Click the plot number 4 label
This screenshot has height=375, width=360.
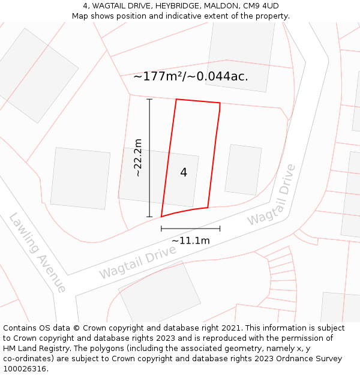184,173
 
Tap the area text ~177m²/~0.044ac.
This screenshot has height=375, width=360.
190,76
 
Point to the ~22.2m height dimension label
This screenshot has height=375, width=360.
137,157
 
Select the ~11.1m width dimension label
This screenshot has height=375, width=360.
191,241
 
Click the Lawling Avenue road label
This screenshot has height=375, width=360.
37,253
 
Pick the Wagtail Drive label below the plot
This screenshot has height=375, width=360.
137,262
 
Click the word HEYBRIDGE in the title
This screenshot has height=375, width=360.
179,6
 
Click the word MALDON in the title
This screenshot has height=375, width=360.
221,6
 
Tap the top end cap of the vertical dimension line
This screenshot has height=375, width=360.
149,99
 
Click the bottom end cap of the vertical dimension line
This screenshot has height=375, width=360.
149,217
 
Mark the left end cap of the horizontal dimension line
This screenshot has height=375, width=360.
161,228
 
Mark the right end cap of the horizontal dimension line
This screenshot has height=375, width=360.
220,228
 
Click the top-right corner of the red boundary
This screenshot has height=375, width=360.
220,103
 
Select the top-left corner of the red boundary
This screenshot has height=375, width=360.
176,100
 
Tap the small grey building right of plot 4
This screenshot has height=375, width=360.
243,170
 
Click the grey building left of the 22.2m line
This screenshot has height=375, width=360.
80,178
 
